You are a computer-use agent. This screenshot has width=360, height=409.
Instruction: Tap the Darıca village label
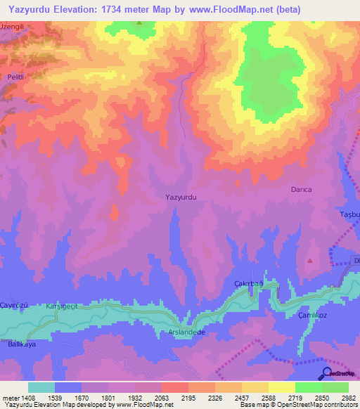301,190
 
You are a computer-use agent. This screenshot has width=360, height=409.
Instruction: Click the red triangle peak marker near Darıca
310,260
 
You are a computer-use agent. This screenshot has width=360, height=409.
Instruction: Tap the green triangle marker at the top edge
139,22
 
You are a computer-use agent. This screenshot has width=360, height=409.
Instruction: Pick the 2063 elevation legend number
160,397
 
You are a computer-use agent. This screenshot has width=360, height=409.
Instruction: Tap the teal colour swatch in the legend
41,387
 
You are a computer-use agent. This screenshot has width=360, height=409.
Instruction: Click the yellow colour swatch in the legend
281,387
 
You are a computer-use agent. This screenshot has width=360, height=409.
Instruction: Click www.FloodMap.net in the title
229,10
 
